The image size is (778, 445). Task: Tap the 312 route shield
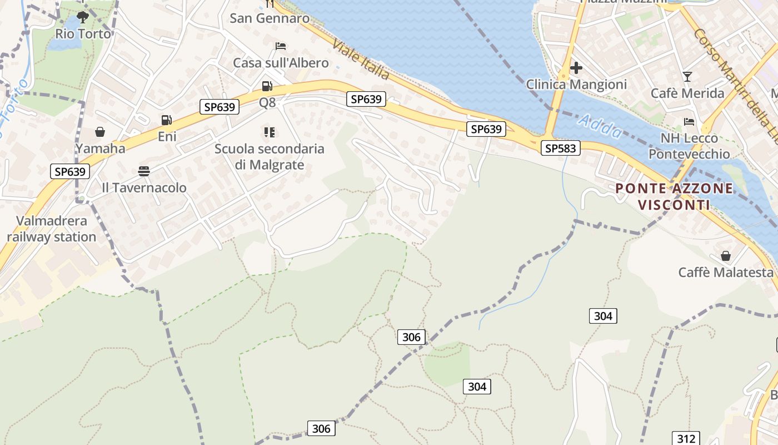click(686, 438)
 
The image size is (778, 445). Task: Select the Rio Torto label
click(83, 34)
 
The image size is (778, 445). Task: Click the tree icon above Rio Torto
click(83, 17)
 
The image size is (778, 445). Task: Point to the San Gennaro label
click(270, 18)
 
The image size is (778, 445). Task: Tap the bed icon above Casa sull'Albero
click(281, 46)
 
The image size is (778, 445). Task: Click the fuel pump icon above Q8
click(267, 86)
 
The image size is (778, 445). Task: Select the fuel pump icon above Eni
click(166, 120)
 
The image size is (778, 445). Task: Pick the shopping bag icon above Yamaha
click(100, 132)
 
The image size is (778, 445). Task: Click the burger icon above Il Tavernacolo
click(144, 171)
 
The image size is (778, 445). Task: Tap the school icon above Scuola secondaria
click(270, 132)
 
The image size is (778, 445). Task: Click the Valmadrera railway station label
click(52, 229)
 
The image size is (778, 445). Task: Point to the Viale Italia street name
click(362, 60)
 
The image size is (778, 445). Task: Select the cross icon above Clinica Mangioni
click(576, 68)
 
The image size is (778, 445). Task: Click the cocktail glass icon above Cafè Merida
click(687, 77)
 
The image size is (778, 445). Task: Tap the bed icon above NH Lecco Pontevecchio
click(689, 121)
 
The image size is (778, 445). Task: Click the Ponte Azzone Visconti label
click(674, 196)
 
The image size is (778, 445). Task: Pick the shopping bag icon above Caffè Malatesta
click(725, 256)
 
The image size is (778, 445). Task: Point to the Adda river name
click(600, 126)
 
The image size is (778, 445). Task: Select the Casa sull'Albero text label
click(281, 63)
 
